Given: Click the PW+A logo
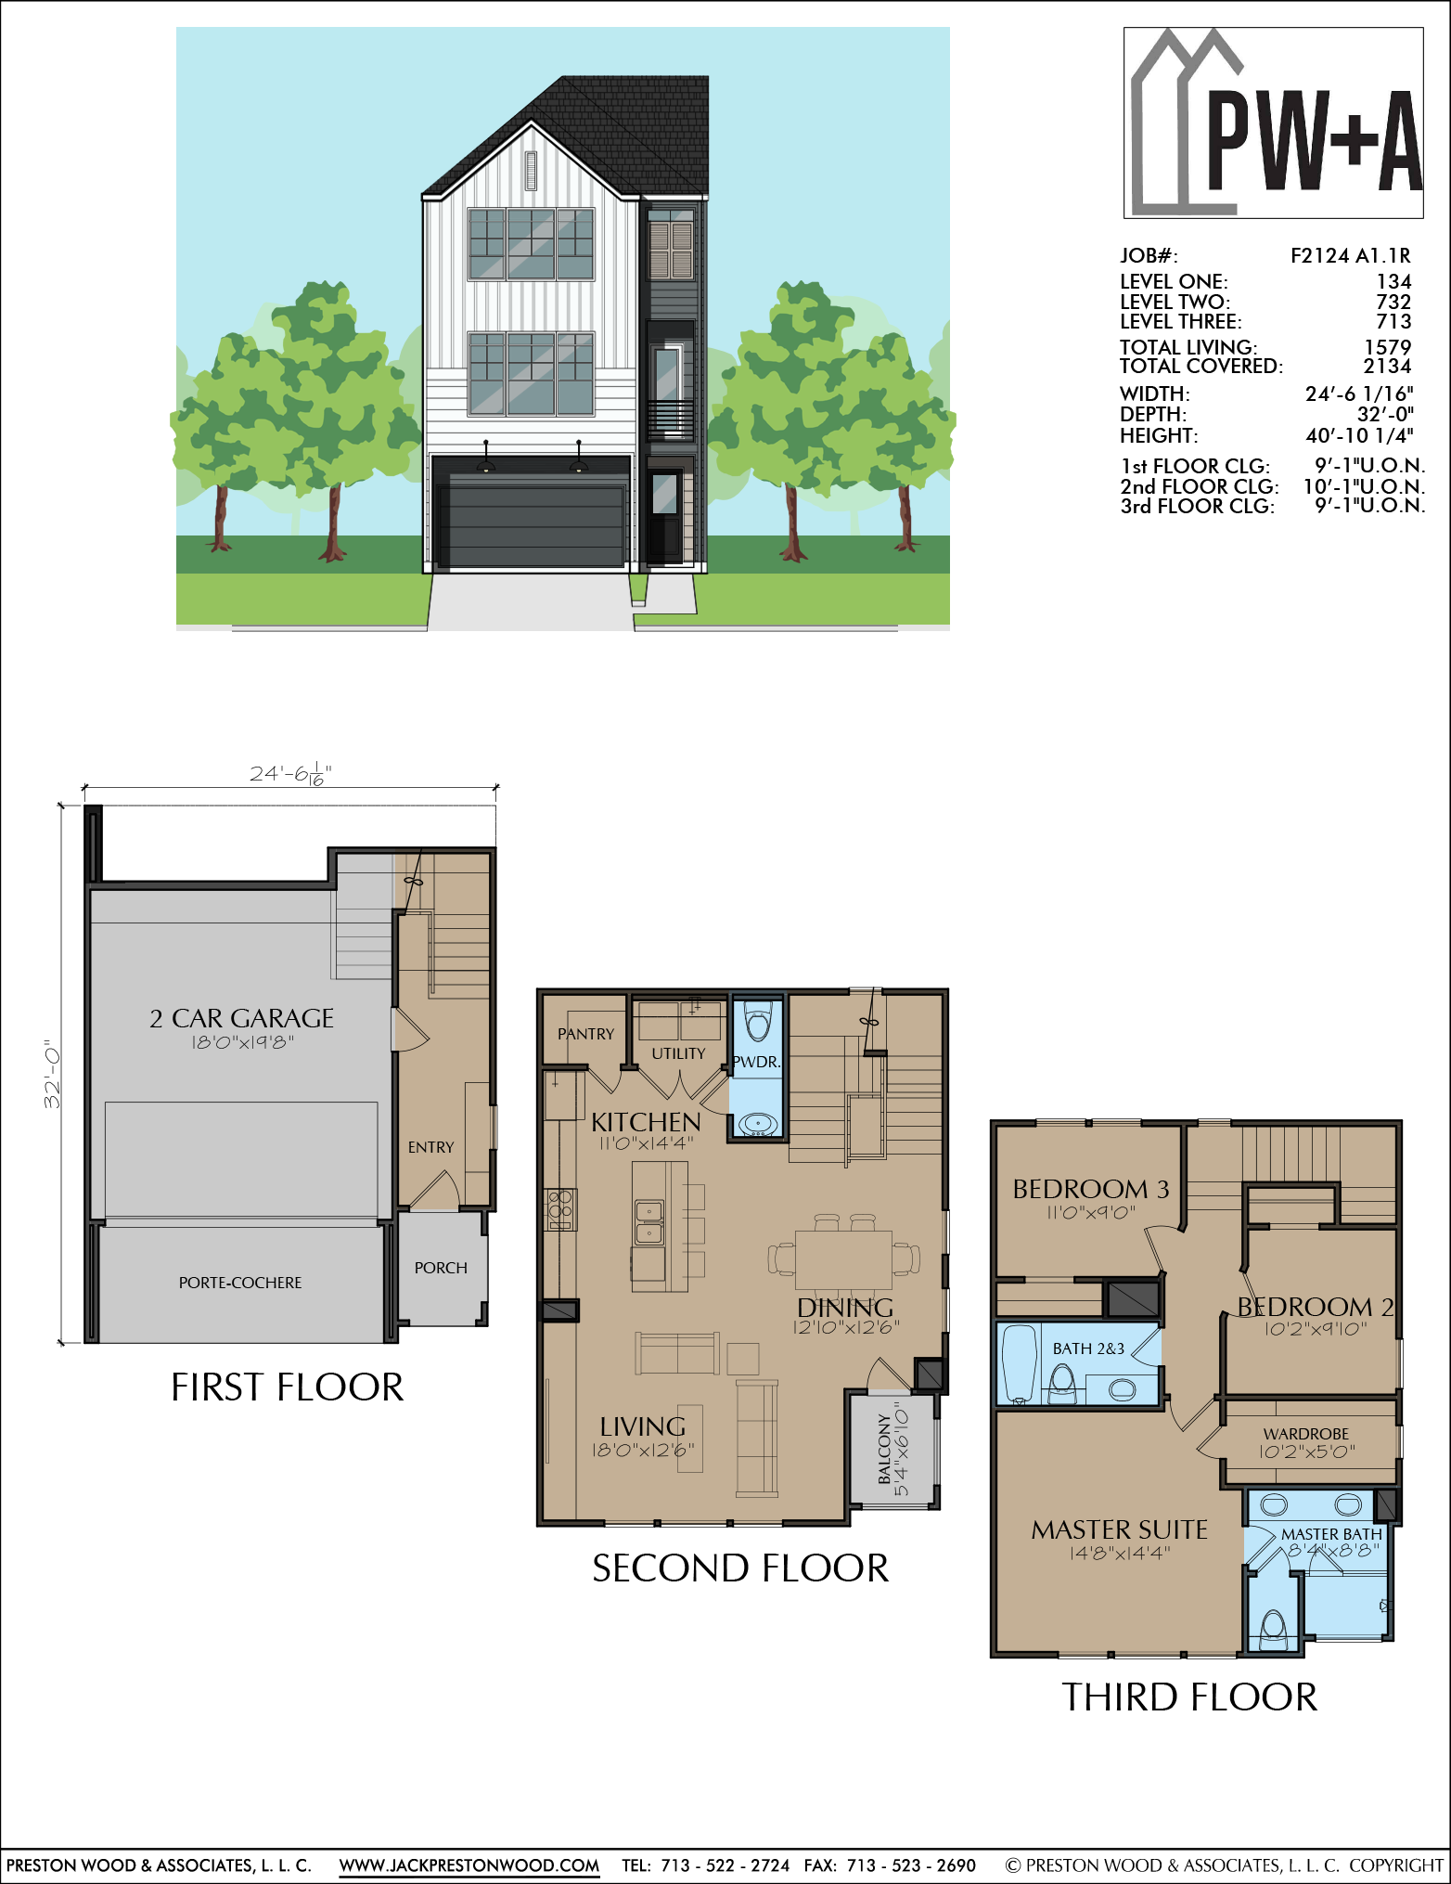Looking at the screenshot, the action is (x=1274, y=123).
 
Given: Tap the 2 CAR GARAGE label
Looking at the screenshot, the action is (x=242, y=1018).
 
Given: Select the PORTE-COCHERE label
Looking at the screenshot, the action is (x=240, y=1283).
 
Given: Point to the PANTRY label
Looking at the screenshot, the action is (x=586, y=1034).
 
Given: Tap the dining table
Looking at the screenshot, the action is (x=843, y=1259).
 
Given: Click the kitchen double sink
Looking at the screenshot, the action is (x=648, y=1222).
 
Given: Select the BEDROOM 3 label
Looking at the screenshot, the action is (x=1091, y=1189).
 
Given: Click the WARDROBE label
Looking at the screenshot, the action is (x=1306, y=1434).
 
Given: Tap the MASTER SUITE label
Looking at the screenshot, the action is (x=1120, y=1529).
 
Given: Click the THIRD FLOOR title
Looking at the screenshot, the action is (x=1189, y=1697).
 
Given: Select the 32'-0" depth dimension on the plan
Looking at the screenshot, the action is (x=52, y=1074).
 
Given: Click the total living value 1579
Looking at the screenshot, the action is (x=1388, y=347).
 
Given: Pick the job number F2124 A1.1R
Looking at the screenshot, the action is (x=1351, y=256).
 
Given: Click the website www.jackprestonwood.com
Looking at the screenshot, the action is (x=469, y=1865).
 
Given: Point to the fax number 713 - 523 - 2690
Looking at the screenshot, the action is (x=911, y=1865).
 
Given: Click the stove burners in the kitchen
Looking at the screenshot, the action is (x=561, y=1209).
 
